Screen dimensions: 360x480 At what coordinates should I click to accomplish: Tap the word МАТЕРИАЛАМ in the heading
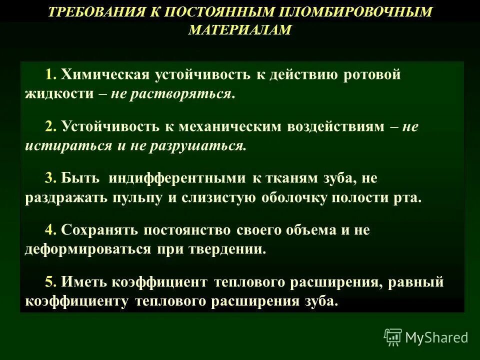pyautogui.click(x=239, y=30)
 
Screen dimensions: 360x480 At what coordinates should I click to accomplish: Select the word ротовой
pyautogui.click(x=372, y=75)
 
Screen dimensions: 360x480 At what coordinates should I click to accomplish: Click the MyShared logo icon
pyautogui.click(x=393, y=337)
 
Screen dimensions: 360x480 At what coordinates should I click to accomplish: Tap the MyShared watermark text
pyautogui.click(x=436, y=337)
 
